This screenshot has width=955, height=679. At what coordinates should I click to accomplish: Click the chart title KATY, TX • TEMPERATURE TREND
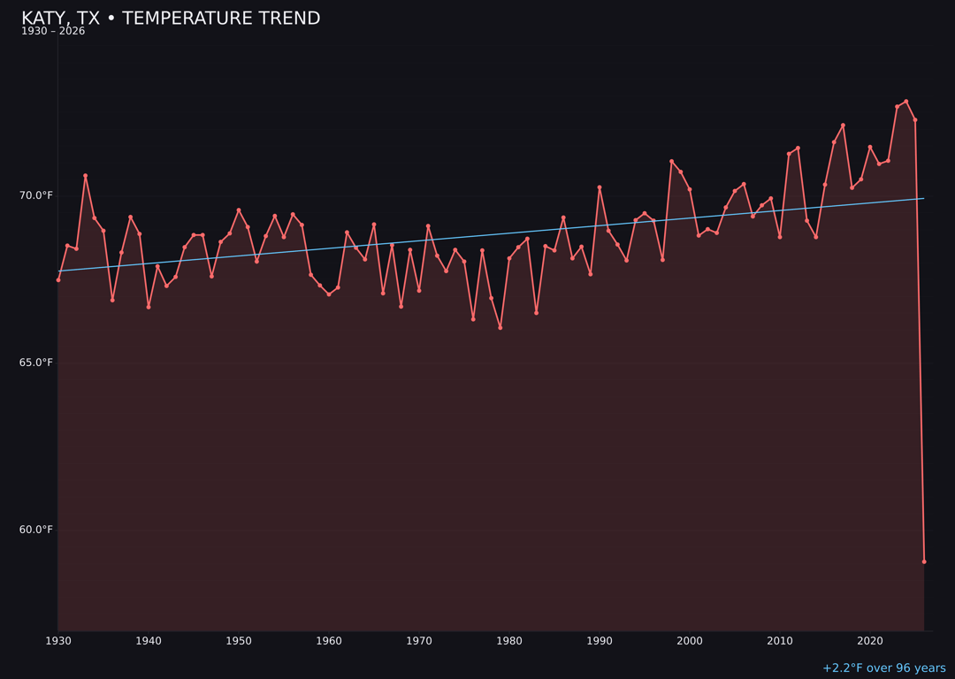pos(171,19)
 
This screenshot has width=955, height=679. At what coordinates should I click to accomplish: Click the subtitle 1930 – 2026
pos(53,32)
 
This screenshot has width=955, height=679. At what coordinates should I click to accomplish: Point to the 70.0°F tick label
pos(36,195)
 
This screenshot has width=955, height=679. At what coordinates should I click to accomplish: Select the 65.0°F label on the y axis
pos(36,362)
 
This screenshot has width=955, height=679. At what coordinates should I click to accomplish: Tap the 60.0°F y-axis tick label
pos(36,530)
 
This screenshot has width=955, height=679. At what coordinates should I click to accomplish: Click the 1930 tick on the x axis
pos(58,641)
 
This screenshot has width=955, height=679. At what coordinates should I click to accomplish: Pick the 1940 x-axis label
pos(149,641)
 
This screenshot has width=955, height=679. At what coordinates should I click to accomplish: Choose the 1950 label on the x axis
pos(239,641)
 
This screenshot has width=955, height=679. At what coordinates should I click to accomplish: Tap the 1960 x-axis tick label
pos(329,641)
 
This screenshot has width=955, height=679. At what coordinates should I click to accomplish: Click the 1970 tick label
pos(419,641)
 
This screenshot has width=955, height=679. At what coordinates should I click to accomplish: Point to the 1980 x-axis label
pos(509,641)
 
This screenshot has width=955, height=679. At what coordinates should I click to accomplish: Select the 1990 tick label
pos(600,641)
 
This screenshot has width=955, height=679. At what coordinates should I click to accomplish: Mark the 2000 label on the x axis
pos(690,641)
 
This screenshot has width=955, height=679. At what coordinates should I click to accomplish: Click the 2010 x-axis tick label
pos(780,641)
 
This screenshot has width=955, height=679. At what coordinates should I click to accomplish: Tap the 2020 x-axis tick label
pos(870,641)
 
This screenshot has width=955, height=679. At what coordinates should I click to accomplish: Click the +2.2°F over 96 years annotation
pos(883,668)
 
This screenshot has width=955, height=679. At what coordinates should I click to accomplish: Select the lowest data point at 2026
pos(924,561)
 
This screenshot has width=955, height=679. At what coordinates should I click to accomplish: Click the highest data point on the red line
pos(906,102)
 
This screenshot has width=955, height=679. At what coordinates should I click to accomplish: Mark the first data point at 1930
pos(58,280)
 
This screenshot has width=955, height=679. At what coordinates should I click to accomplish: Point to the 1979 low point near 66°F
pos(500,328)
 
